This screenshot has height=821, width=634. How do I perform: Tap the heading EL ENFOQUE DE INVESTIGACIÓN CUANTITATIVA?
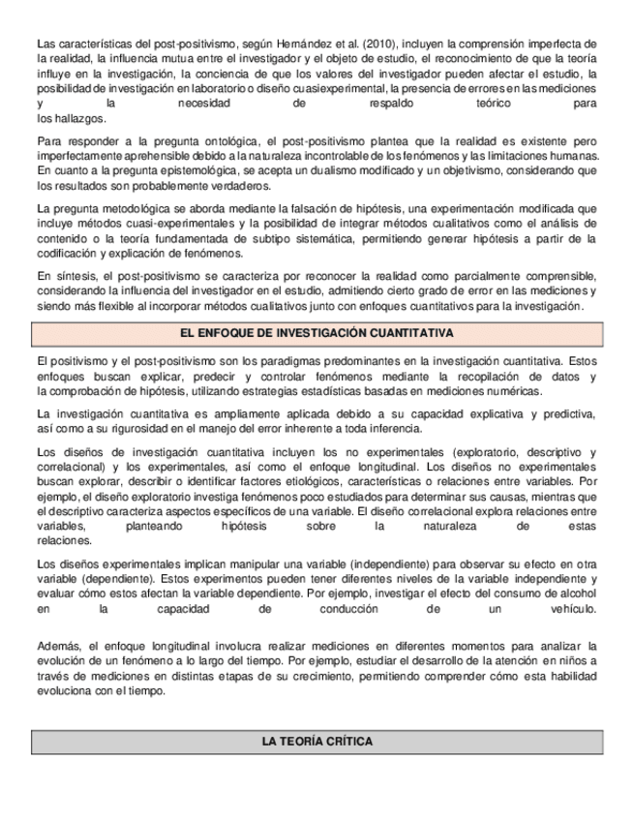click(x=317, y=334)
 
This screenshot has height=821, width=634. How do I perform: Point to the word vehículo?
click(x=569, y=610)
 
